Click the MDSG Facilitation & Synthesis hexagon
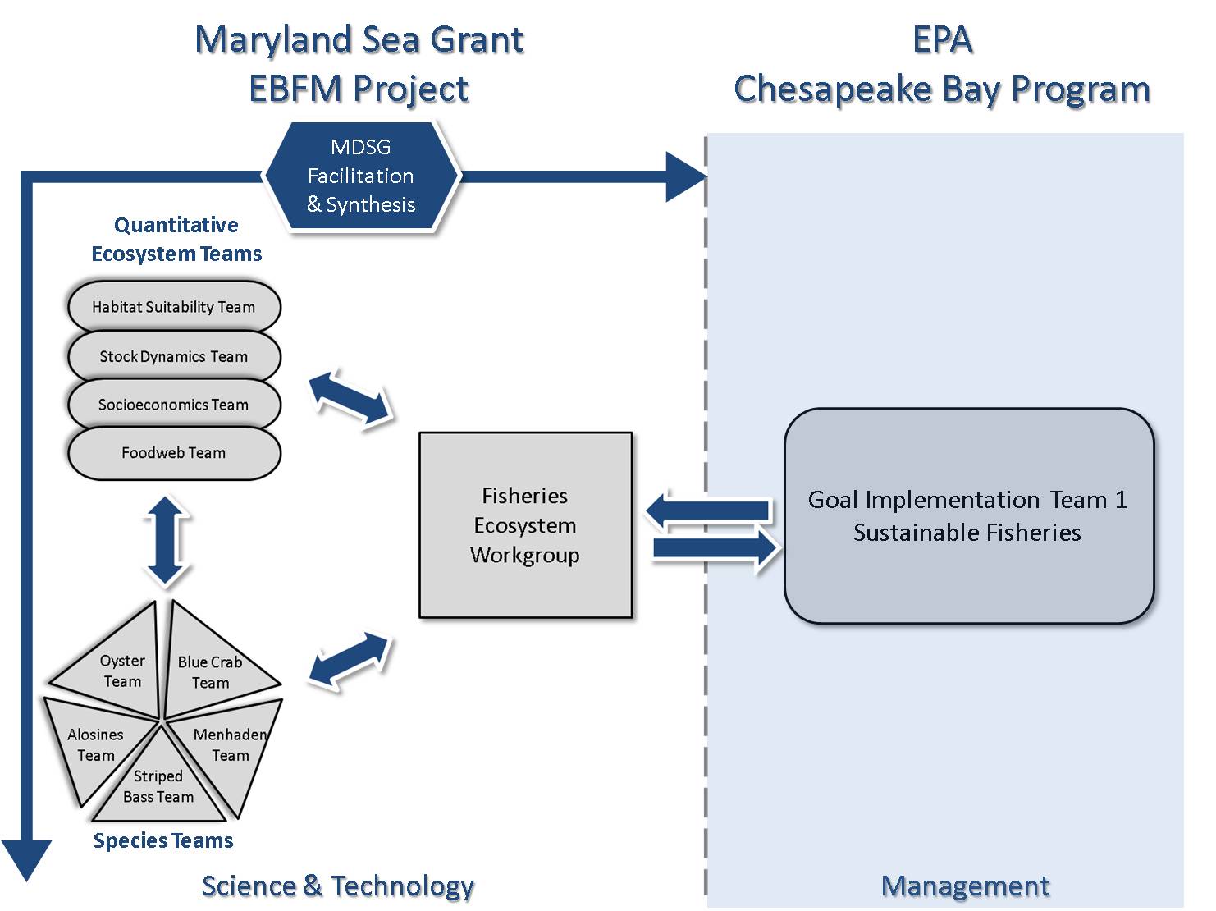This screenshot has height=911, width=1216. click(361, 176)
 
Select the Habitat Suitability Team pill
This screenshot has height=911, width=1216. click(173, 307)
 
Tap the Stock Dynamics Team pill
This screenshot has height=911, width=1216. click(173, 356)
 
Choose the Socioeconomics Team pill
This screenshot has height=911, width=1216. click(173, 405)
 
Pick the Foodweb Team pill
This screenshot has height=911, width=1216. click(173, 453)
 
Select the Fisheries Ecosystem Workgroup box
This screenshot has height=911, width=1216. click(525, 525)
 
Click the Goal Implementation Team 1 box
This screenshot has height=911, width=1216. click(968, 516)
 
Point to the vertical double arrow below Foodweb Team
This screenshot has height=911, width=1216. click(167, 541)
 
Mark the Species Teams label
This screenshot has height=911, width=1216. click(163, 840)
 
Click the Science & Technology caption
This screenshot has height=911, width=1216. click(337, 886)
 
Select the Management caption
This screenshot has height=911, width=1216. click(965, 886)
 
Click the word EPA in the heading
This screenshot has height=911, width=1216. click(942, 39)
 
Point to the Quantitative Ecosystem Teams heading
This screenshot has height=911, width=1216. click(176, 239)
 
